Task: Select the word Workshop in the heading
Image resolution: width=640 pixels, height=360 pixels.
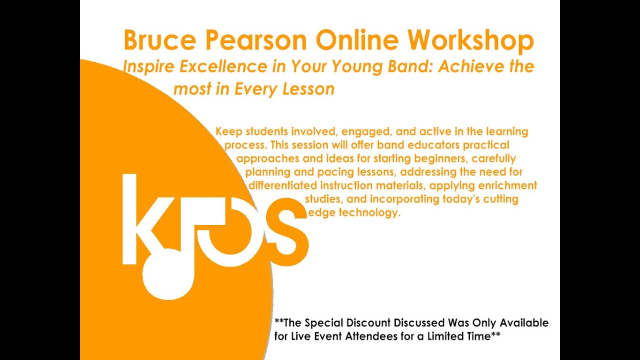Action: [470, 40]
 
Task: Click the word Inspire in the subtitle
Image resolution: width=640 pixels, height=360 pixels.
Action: [145, 66]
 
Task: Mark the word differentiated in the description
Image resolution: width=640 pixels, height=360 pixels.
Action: [282, 186]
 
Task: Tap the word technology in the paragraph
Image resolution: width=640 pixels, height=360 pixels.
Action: [369, 212]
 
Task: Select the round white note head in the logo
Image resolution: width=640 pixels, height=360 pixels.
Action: [167, 274]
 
